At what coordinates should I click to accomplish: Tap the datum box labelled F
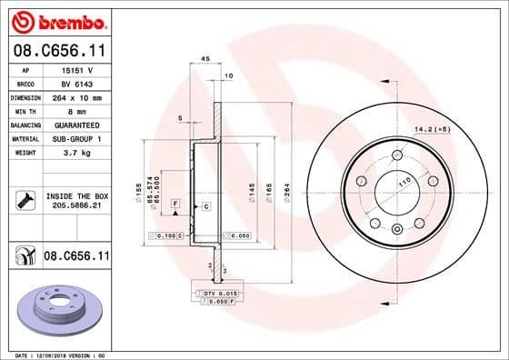[x=175, y=201]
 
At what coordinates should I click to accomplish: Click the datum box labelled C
[x=206, y=207]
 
